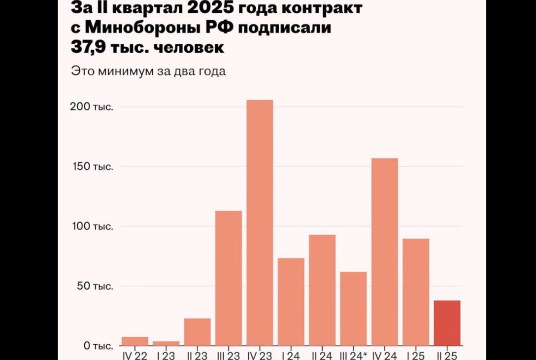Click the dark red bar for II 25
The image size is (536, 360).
[447, 323]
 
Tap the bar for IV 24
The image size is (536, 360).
[385, 252]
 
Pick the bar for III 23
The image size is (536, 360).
[229, 278]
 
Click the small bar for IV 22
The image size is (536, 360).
[134, 341]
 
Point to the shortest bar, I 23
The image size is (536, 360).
[166, 343]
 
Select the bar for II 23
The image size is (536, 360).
[197, 332]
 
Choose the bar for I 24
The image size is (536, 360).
[291, 302]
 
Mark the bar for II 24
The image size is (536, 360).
[322, 290]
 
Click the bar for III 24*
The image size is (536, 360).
[354, 309]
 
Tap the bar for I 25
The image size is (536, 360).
[416, 292]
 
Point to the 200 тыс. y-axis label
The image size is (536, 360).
[92, 107]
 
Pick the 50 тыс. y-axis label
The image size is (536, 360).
[95, 286]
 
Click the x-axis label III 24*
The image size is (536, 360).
[354, 356]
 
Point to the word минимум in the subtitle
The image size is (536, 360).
[125, 71]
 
